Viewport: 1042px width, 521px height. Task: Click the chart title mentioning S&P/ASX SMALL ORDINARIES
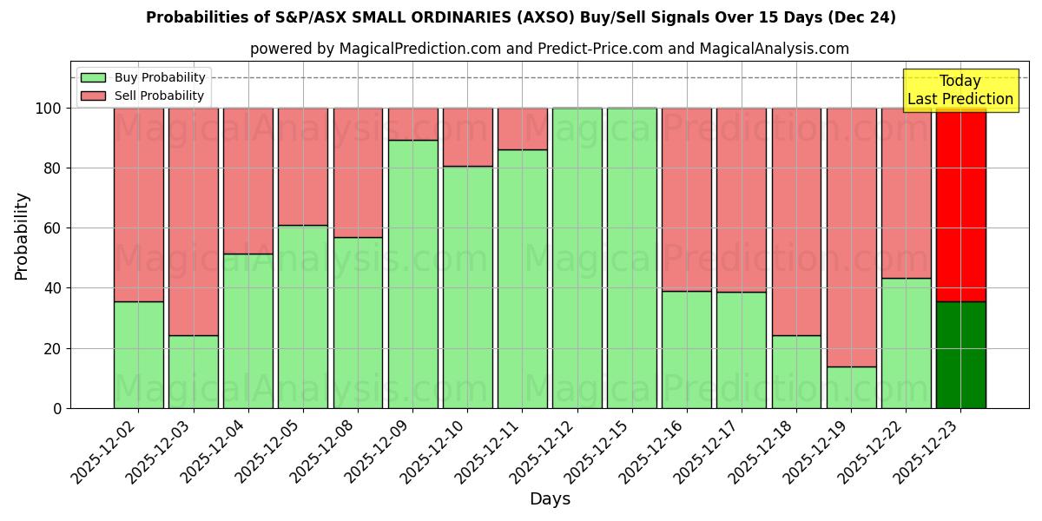pos(521,17)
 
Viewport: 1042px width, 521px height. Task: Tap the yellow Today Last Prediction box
pos(960,90)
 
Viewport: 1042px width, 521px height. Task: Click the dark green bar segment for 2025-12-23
pos(960,355)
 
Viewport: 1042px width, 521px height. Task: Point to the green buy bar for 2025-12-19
pos(851,387)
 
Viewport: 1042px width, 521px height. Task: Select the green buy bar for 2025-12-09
pos(412,274)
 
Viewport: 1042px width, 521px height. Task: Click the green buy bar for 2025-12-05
pos(303,317)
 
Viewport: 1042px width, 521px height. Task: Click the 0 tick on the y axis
pos(57,408)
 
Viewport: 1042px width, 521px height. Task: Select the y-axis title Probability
pos(22,235)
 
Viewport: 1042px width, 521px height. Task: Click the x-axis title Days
pos(550,499)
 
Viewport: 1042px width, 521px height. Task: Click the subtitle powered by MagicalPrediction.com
pos(550,49)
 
